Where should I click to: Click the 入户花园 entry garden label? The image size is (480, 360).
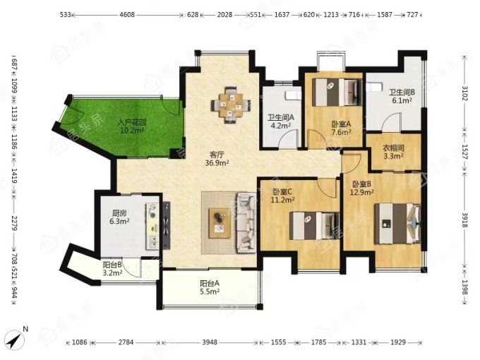[132, 123]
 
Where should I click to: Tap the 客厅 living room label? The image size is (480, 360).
[217, 155]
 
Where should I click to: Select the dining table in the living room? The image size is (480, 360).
[231, 105]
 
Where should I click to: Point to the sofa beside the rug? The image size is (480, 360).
[246, 222]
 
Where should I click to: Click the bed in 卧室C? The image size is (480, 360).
[315, 226]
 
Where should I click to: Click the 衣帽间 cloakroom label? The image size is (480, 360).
[393, 148]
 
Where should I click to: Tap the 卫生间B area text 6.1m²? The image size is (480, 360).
[402, 100]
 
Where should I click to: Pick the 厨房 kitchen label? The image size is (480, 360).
[119, 212]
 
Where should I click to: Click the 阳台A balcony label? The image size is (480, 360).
[210, 284]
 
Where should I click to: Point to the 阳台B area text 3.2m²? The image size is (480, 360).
[113, 272]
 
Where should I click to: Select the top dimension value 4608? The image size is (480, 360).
[127, 14]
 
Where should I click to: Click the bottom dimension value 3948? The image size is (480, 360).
[210, 342]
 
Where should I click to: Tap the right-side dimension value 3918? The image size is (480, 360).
[465, 220]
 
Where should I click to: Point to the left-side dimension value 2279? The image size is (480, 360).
[14, 223]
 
